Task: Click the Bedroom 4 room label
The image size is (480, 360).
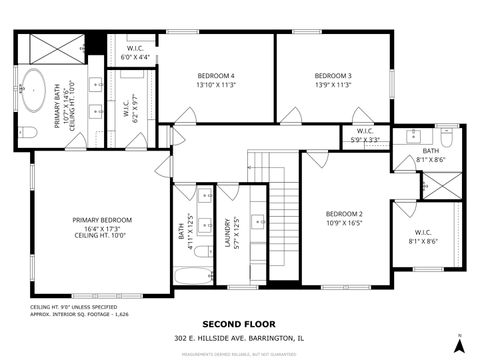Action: [215, 81]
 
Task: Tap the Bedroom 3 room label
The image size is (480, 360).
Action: [333, 81]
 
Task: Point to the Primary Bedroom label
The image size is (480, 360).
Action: [101, 225]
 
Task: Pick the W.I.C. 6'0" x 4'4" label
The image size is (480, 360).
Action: [135, 52]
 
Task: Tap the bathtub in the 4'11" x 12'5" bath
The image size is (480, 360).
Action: [193, 273]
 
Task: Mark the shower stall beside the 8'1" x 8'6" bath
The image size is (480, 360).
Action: [441, 185]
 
